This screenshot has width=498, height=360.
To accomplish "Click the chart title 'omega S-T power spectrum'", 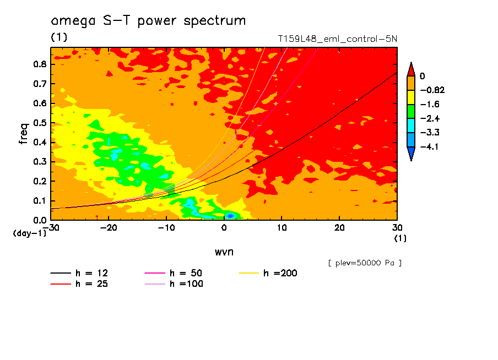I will [x=148, y=21].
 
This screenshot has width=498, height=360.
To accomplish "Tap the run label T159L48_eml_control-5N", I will [x=337, y=39].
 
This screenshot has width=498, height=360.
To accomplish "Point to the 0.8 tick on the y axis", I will [x=40, y=64].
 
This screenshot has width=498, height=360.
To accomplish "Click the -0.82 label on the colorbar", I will [x=431, y=90].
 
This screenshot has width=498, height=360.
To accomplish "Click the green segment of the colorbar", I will [x=410, y=111].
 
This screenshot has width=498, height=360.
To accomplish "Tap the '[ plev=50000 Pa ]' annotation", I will [x=365, y=263].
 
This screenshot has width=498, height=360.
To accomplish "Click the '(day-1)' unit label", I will [x=29, y=233].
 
